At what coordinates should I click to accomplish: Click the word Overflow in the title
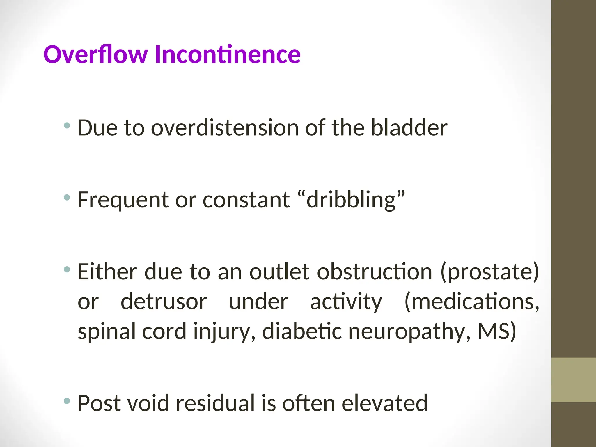coord(96,54)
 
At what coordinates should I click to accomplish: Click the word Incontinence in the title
coord(228,54)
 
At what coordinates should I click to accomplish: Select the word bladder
coord(409,128)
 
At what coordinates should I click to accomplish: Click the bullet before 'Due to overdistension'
coord(67,126)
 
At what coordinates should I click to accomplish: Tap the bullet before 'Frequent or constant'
coord(67,198)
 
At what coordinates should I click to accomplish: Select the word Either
coord(107,272)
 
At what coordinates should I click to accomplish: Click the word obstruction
coord(374,272)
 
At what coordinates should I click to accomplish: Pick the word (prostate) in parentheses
coord(490,272)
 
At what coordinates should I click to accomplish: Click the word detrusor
coord(164,302)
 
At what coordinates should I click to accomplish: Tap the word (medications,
coord(472,302)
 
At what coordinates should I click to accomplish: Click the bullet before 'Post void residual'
coord(67,401)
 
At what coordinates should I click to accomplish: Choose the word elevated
coord(384,403)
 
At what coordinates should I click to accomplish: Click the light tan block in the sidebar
coord(573,380)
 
